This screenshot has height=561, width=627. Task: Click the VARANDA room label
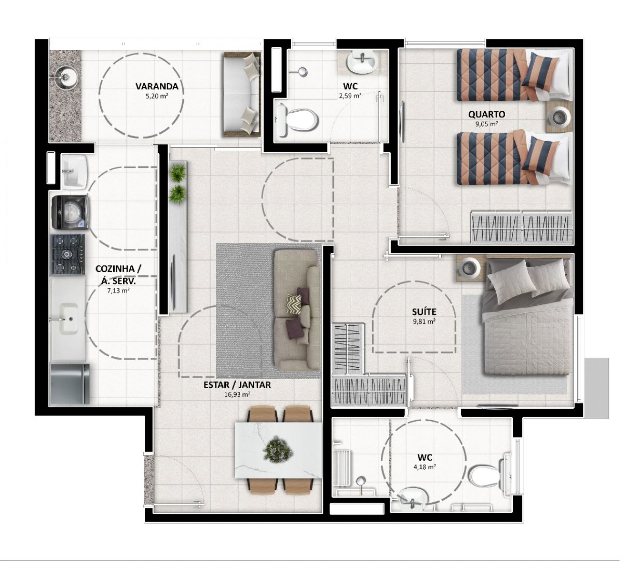point(157,86)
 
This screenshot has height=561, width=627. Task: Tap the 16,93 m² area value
point(237,394)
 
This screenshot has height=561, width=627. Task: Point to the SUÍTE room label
point(424,312)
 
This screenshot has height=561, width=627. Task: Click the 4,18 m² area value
point(425,467)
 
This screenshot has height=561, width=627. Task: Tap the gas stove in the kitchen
point(68,254)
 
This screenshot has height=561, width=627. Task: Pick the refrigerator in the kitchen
point(70,384)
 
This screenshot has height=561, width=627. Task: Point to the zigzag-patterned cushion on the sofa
point(294,304)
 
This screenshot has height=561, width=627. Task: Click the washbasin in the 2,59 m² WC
point(362,63)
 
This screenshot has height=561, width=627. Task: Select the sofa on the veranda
point(242,94)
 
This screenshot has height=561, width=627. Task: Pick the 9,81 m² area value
point(424,321)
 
